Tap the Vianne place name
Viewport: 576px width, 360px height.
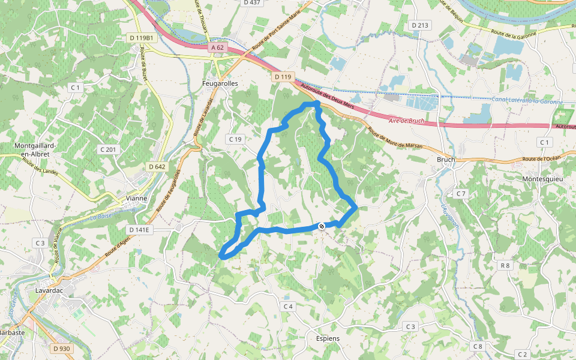point(137,199)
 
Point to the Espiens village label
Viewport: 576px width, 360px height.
point(327,338)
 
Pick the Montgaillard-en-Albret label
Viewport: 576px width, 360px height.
point(35,150)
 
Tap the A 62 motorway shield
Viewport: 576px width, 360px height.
point(217,47)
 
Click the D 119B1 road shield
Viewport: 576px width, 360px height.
point(142,38)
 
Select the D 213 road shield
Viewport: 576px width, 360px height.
point(420,25)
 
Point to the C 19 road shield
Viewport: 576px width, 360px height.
point(235,139)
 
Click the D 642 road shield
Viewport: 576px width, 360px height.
point(155,167)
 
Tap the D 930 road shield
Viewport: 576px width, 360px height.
point(61,348)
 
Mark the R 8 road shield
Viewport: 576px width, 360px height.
point(505,265)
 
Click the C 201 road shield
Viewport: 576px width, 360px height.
point(108,149)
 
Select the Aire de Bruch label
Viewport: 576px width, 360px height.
point(407,121)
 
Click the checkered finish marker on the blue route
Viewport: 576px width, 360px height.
point(322,226)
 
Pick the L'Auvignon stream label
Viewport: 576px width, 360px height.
point(446,212)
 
